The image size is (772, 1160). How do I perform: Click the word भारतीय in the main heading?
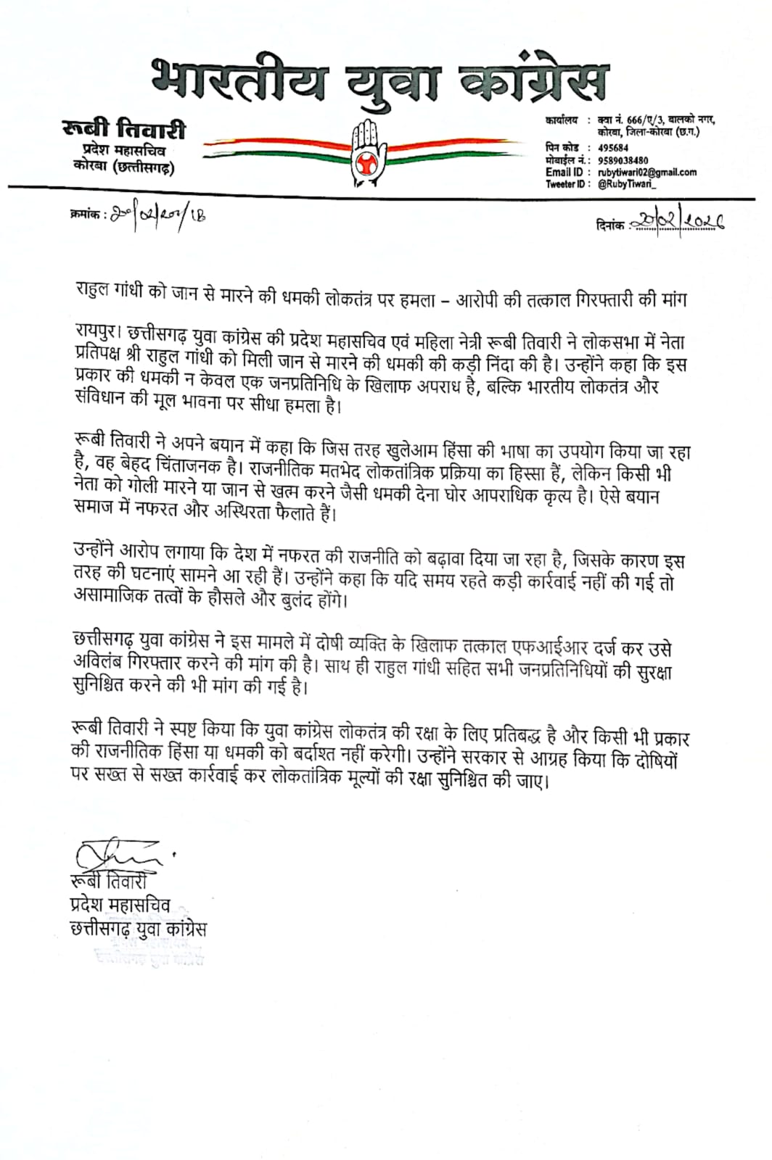coord(240,80)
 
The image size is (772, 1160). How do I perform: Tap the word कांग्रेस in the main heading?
coord(535,80)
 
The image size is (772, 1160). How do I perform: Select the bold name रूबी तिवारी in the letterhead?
coord(124,130)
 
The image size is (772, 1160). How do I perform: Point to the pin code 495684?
coord(613,148)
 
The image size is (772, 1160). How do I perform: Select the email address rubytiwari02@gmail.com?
coord(647,173)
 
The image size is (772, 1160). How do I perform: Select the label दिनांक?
coord(609,225)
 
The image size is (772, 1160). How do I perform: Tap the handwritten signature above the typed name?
coord(119,855)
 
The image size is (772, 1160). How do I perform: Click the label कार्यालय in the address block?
coord(562,120)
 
